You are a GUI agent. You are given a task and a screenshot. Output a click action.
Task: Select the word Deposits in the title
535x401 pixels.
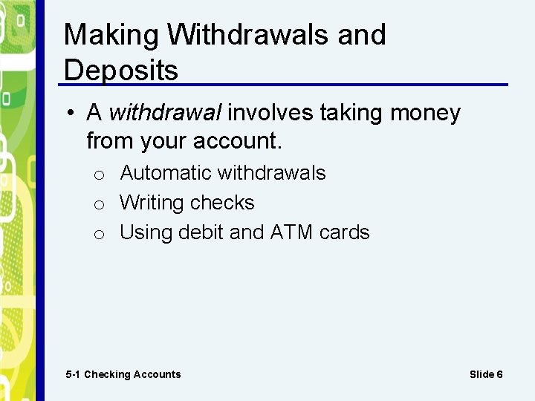pos(121,71)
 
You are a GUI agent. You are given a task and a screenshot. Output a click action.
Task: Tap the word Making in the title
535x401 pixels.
pos(111,35)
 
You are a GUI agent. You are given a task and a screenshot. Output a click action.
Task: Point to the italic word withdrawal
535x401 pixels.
pos(165,113)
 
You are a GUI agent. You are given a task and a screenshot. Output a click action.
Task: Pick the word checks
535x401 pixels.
pos(222,203)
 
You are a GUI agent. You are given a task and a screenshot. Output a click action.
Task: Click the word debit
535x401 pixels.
pos(198,232)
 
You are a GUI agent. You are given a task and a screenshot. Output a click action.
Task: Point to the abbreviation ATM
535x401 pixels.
pos(292,232)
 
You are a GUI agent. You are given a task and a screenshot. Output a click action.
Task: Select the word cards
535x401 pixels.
pos(344,232)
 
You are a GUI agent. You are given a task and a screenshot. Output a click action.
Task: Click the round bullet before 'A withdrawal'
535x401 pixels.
pos(69,114)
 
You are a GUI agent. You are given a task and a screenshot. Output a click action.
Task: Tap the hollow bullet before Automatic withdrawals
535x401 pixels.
pos(98,175)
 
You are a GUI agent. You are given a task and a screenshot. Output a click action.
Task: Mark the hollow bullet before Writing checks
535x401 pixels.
pos(98,205)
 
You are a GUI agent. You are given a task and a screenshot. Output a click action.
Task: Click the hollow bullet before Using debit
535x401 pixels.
pos(98,235)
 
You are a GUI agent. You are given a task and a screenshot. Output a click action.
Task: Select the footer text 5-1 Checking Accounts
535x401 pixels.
pos(123,374)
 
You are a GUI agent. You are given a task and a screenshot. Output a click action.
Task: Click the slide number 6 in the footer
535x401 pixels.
pos(499,374)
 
